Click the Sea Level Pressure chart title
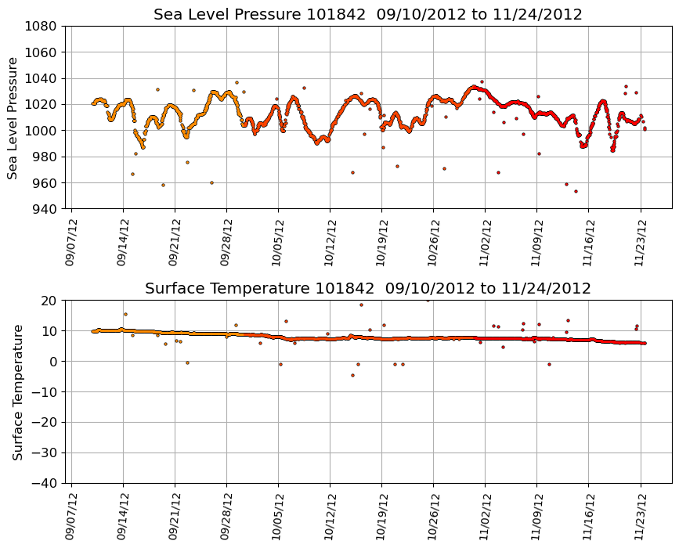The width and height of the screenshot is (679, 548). click(367, 14)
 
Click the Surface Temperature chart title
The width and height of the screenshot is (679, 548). click(367, 288)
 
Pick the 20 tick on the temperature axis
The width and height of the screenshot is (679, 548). click(49, 300)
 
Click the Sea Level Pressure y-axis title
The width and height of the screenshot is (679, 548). click(13, 117)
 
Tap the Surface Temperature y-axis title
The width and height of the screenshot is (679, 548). click(17, 391)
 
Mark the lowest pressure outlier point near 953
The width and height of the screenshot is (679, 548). click(576, 191)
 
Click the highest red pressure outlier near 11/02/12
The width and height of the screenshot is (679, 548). click(482, 81)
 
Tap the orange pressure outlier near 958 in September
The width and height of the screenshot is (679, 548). click(163, 185)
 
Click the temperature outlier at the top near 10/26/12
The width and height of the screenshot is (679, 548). click(428, 300)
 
